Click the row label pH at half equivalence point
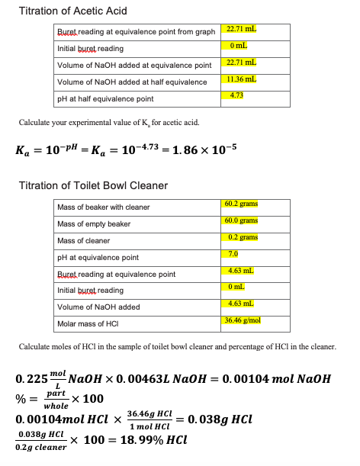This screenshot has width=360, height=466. point(105,99)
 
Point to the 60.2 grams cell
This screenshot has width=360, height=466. point(242,204)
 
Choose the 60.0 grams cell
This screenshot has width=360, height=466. point(242,220)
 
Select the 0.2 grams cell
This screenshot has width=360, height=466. point(242,237)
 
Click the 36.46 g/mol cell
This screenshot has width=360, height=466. point(243,320)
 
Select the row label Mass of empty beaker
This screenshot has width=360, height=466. point(94,224)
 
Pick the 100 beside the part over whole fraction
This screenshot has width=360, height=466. point(92,399)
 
